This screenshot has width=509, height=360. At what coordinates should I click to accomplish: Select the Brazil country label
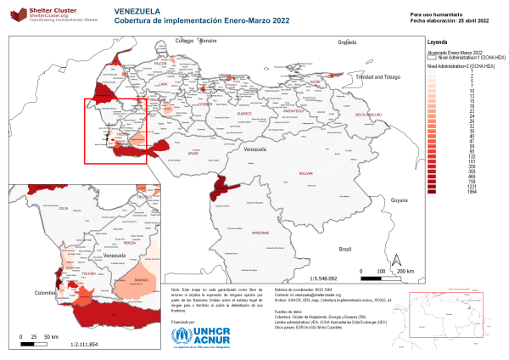[x=344, y=249]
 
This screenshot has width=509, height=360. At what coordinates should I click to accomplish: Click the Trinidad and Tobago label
[x=377, y=76]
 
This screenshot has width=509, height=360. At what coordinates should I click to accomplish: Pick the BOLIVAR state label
[x=306, y=173]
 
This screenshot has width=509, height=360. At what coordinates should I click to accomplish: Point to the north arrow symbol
[x=394, y=259]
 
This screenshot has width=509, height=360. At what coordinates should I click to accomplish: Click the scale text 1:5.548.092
[x=324, y=278]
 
